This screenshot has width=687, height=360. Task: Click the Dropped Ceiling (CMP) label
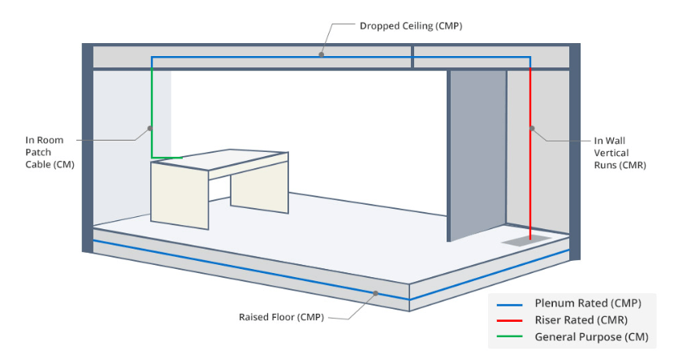[411, 26]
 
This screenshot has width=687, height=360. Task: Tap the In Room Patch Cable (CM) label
[50, 153]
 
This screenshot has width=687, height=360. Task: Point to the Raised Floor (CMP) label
[281, 316]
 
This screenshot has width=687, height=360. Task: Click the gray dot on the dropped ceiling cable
[321, 55]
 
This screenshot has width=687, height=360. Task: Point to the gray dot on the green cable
[150, 127]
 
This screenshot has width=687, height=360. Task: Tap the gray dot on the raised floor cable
[374, 293]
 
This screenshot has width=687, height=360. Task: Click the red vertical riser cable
[530, 179]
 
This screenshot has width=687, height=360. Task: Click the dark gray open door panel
[477, 154]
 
